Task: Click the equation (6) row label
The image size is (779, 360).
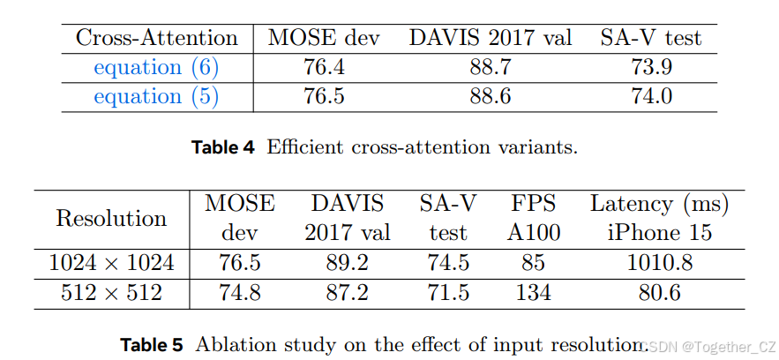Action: (156, 67)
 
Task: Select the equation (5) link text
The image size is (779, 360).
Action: (156, 96)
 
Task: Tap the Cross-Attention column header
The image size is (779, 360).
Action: (156, 38)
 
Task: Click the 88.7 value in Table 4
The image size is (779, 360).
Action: (490, 67)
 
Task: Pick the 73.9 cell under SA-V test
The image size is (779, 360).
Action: (651, 67)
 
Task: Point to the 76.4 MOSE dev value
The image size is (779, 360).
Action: (323, 67)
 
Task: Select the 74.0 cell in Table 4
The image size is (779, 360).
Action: (651, 96)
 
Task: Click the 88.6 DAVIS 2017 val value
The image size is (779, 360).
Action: (490, 96)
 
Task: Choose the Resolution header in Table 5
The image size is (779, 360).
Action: (111, 218)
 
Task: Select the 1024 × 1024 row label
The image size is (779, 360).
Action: (111, 263)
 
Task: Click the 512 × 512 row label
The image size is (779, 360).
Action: (111, 293)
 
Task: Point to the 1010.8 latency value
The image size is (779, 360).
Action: (659, 263)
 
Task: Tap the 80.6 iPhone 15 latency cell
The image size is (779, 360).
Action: (659, 293)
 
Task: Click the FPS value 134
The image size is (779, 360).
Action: (534, 293)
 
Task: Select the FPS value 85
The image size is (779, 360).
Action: (534, 263)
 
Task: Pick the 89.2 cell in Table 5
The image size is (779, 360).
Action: (347, 263)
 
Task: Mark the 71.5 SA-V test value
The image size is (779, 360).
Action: (448, 293)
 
